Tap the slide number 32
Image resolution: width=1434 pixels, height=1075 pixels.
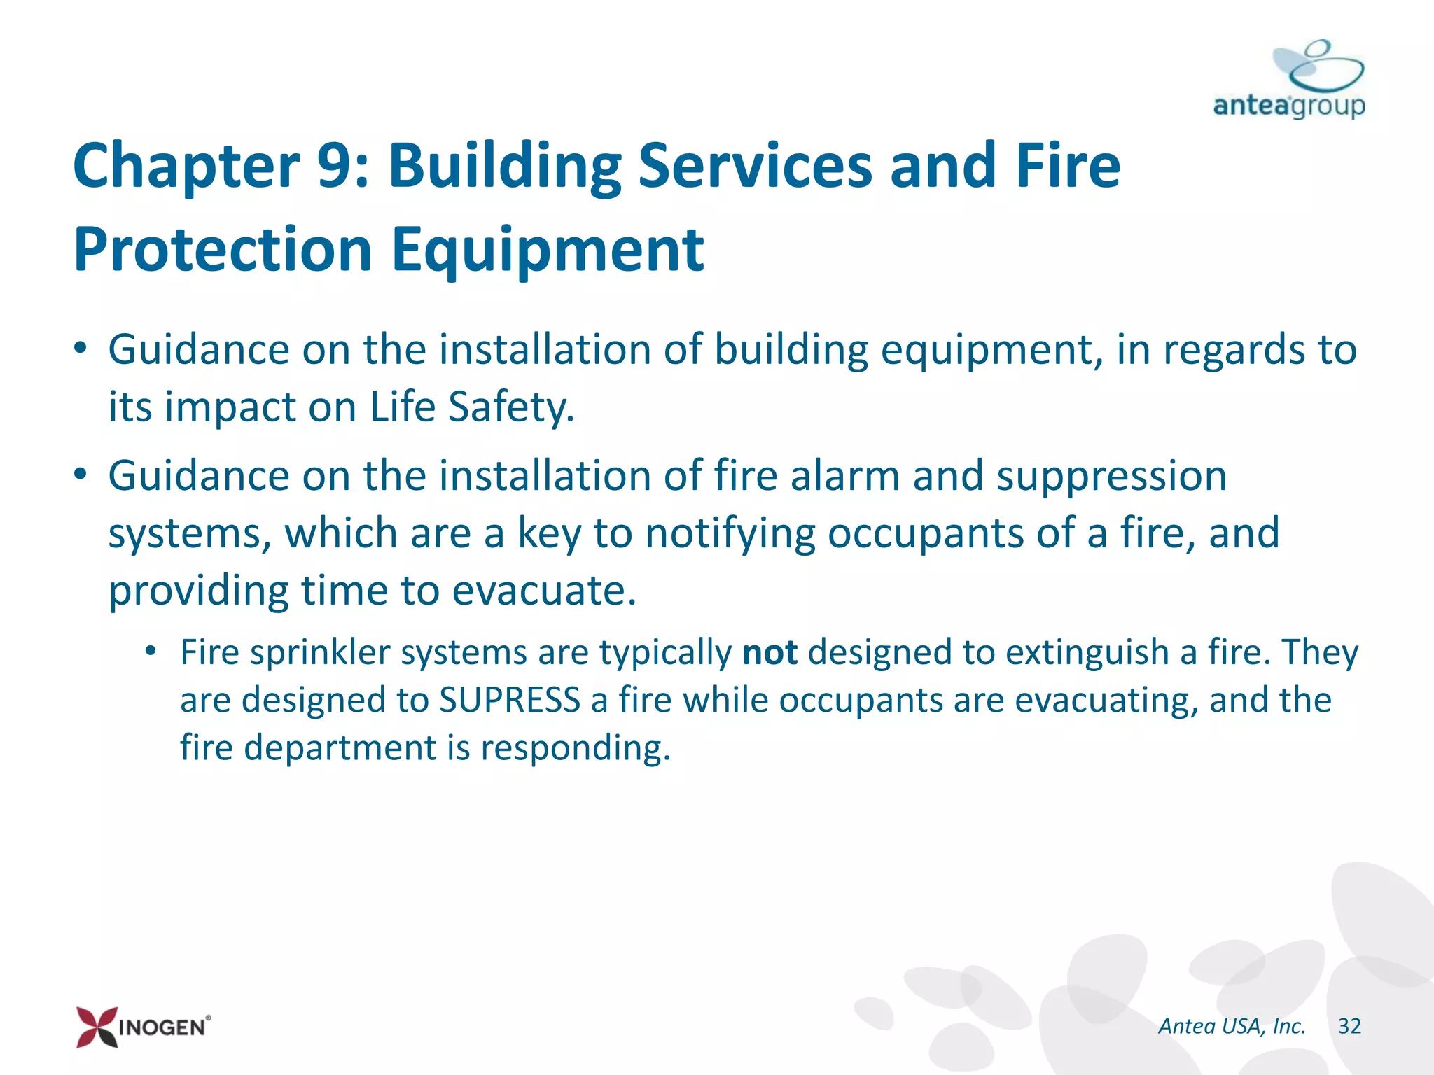pos(1349,1026)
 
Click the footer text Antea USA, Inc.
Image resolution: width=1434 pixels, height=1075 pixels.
pos(1232,1026)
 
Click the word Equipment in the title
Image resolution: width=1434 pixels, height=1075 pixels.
pos(547,251)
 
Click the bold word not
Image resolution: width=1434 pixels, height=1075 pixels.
pos(770,652)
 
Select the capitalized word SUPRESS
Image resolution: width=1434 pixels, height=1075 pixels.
pos(510,700)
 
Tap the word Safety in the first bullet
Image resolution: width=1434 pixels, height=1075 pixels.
pos(510,407)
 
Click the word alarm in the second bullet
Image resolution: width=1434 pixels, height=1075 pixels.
pos(845,476)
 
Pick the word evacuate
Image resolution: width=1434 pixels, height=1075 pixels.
pos(543,591)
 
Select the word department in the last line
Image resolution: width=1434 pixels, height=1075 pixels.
pos(340,747)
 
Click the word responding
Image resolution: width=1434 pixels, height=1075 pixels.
pos(575,747)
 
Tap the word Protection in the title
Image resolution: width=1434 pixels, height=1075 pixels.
pos(223,251)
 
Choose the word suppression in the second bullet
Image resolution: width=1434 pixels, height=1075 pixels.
pos(1111,476)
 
